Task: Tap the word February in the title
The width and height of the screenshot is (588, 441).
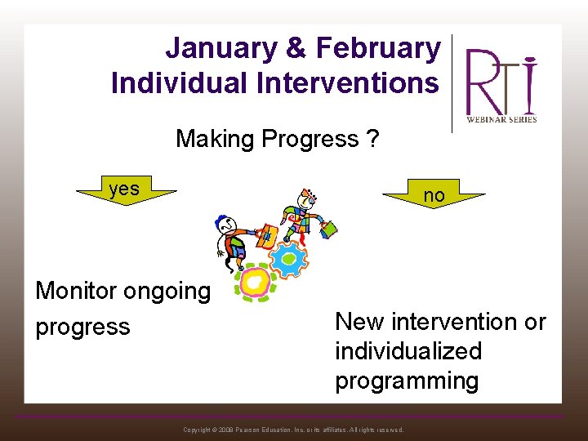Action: [378, 49]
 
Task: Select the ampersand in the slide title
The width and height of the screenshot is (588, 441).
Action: [296, 49]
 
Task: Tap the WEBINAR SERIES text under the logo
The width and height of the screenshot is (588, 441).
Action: [501, 119]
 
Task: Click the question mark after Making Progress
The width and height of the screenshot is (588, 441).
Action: [372, 140]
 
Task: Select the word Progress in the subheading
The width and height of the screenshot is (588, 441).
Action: [314, 140]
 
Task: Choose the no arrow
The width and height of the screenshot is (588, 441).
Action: [434, 195]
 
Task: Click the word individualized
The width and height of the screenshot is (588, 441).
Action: [408, 351]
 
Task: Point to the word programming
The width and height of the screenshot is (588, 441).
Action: [407, 381]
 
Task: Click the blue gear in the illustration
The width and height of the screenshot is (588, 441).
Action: [287, 260]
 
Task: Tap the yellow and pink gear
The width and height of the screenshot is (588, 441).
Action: [256, 282]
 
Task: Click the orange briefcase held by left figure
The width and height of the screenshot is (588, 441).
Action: [266, 237]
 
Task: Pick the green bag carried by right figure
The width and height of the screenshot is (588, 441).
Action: [328, 229]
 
